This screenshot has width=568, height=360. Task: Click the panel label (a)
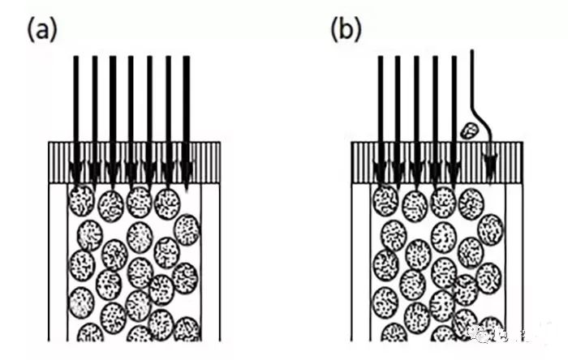43,30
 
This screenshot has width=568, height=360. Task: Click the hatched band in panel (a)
134,162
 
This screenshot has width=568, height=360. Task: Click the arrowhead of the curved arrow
489,170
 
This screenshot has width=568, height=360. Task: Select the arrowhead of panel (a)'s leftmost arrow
75,172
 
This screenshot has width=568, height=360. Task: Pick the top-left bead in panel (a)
82,200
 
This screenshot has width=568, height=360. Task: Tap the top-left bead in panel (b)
385,200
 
